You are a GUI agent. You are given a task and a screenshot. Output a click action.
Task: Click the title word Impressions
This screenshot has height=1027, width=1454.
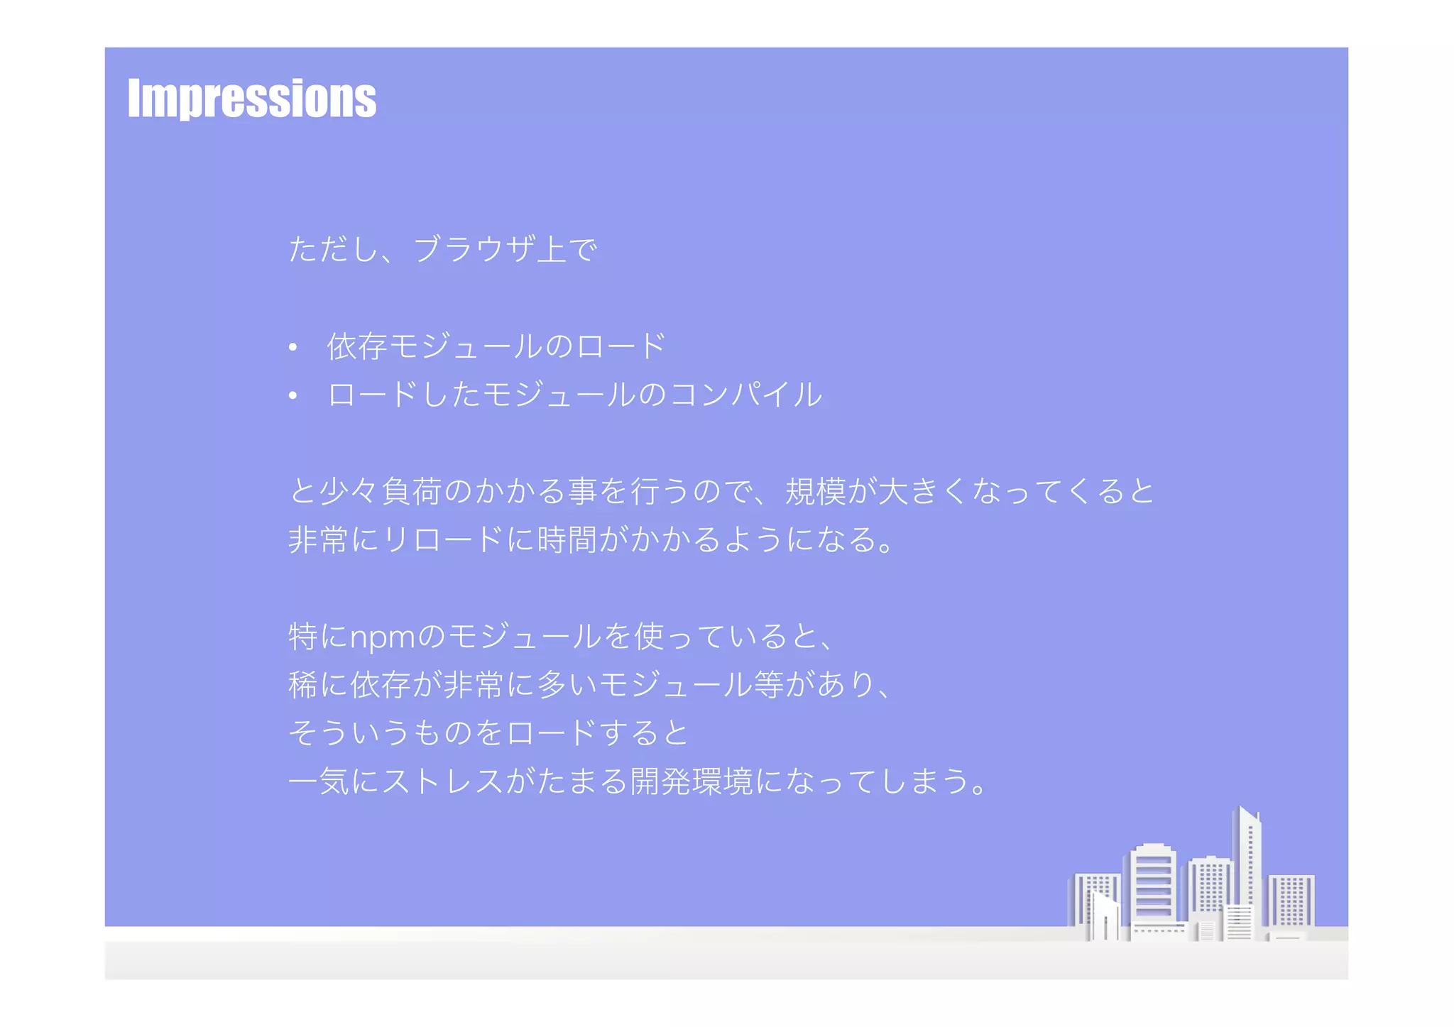(x=252, y=99)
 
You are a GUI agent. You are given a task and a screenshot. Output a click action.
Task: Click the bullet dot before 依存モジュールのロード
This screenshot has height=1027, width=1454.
(x=293, y=348)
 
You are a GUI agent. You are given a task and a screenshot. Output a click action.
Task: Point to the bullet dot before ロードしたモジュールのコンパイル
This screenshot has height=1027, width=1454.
(x=293, y=396)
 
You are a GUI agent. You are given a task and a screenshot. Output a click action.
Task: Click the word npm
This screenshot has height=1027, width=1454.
(x=382, y=637)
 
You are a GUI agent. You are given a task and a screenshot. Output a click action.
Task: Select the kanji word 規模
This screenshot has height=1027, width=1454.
(x=816, y=491)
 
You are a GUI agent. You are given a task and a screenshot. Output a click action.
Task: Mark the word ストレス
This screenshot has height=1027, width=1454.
(x=443, y=782)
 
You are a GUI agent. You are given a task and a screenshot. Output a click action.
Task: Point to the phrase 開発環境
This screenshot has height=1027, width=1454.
(x=692, y=782)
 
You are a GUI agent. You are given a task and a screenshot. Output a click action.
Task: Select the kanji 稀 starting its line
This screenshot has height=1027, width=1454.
(x=303, y=685)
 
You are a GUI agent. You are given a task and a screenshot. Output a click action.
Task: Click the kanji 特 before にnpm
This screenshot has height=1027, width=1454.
(x=303, y=637)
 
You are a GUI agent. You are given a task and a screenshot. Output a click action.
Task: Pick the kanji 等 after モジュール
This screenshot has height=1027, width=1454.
(x=769, y=685)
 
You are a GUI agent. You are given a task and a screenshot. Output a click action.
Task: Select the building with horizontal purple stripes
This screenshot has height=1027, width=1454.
(x=1153, y=884)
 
